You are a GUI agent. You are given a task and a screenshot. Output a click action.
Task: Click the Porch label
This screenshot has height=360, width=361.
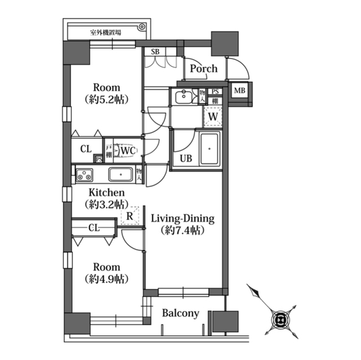tap(204, 69)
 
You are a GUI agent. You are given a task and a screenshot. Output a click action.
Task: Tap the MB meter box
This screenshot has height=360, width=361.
tap(240, 91)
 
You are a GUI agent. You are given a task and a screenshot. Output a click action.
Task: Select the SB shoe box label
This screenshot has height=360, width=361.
tap(155, 52)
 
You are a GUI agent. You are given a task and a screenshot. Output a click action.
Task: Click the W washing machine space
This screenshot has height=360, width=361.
tap(213, 117)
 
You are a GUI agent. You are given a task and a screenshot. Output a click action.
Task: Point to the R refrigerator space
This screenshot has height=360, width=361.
tap(130, 216)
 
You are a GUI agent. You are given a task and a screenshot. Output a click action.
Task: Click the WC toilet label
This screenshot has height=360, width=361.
tap(128, 151)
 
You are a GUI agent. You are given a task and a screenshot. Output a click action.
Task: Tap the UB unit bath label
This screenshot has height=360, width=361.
tap(186, 158)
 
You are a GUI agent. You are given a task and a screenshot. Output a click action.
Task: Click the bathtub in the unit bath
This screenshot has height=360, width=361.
tap(209, 149)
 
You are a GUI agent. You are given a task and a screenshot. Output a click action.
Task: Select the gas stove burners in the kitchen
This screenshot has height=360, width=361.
tap(84, 175)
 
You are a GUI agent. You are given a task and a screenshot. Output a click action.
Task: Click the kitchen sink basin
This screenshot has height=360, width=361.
tap(121, 174)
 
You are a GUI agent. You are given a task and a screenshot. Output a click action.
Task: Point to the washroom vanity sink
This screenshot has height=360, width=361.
tap(184, 97)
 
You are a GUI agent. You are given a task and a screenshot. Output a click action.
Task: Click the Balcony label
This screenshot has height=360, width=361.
tap(180, 313)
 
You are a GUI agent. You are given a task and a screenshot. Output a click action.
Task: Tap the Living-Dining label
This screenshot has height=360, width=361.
tap(183, 219)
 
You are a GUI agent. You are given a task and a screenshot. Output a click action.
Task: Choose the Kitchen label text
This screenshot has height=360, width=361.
tap(107, 193)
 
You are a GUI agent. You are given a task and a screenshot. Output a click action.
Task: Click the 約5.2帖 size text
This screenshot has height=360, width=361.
tap(107, 100)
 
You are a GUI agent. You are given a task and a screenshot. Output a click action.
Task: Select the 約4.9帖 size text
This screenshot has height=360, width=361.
tap(107, 279)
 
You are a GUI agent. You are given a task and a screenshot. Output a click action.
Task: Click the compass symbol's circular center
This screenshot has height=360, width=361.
tap(280, 320)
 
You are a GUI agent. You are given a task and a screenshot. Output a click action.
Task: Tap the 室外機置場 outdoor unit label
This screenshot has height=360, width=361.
tap(105, 33)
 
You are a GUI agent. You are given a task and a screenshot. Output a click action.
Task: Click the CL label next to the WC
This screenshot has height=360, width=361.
tap(86, 149)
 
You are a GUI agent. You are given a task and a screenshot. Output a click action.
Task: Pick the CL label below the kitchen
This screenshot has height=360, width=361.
tap(94, 228)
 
